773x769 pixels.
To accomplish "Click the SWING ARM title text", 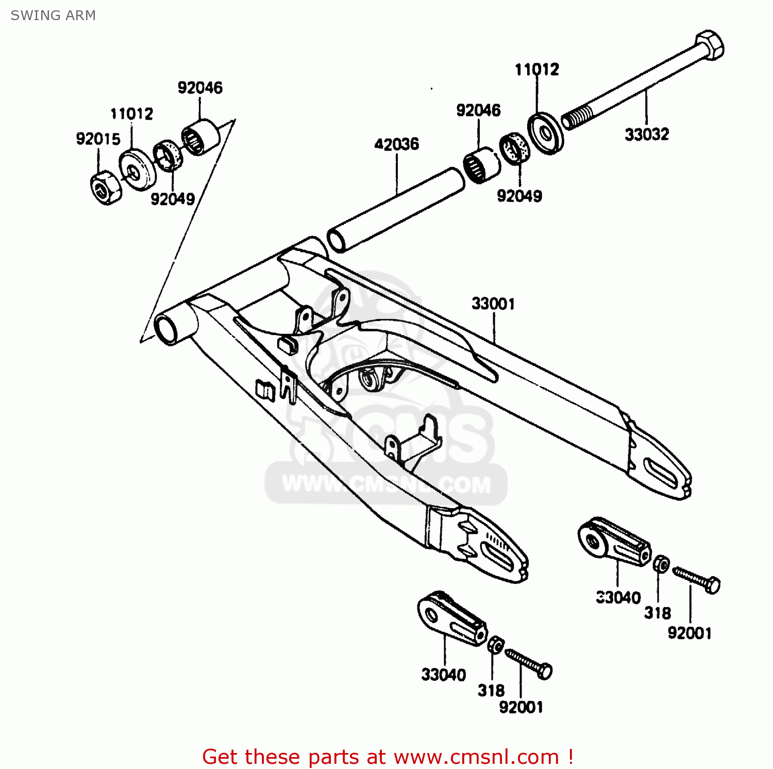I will pos(53,15).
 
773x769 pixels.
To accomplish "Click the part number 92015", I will pos(98,139).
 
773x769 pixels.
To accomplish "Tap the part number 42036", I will pos(396,144).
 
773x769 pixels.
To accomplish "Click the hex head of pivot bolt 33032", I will pos(710,45).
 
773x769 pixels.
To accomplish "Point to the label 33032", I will pos(647,134).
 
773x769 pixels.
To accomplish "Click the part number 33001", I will pos(493,304).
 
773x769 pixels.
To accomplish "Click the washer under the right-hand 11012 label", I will pos(546,133).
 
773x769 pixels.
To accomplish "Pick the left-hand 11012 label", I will pos(131,113).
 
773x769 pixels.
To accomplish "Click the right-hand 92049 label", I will pos(519,196).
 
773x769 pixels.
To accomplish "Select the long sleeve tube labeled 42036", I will pos(396,210).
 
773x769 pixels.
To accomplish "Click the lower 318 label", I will pos(491,690).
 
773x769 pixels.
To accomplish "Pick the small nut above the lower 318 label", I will pos(495,645).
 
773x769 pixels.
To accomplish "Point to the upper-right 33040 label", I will pos(618,597).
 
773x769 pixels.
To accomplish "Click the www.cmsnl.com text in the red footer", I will pos(476,757).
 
